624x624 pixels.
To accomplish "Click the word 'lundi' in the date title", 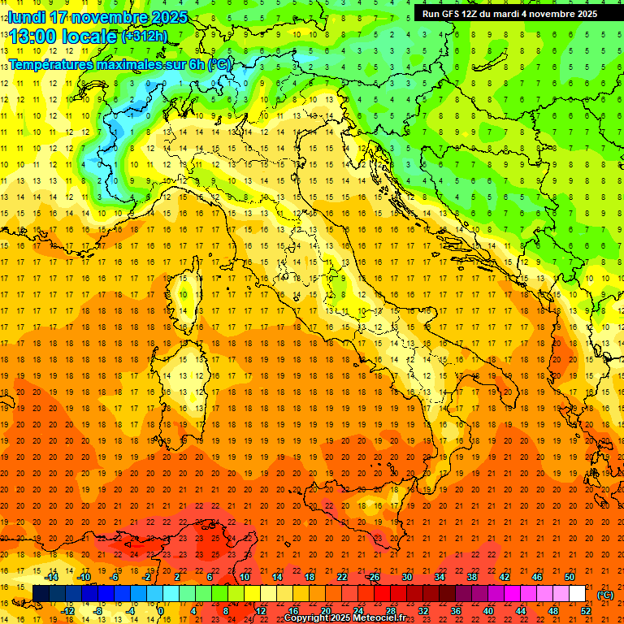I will click(26, 17).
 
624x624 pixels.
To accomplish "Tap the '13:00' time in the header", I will click(33, 37).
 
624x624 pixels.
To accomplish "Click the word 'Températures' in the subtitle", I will click(49, 64).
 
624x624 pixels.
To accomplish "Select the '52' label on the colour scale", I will click(586, 610).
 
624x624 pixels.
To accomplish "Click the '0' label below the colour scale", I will click(161, 610).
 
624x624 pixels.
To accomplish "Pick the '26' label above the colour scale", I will click(374, 577).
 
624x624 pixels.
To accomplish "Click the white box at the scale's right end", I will click(578, 593).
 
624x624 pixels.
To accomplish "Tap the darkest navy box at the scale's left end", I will click(41, 593).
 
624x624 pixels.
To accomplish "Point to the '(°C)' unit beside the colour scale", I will click(606, 595).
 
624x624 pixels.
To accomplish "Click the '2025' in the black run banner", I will click(583, 14).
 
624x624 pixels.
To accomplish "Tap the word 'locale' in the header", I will click(93, 37).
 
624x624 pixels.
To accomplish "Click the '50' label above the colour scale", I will click(569, 577).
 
